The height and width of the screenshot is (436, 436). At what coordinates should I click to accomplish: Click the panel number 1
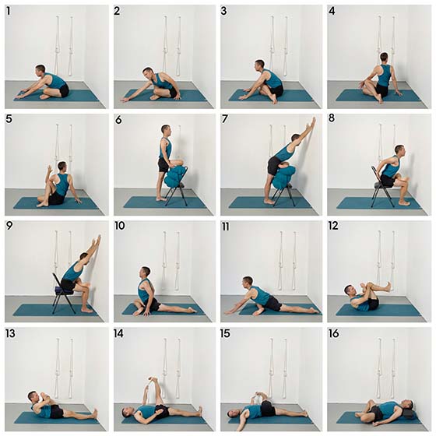[x=8, y=11]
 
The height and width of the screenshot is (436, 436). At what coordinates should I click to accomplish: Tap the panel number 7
[x=225, y=119]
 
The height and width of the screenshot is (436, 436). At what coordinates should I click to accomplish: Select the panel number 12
[x=333, y=226]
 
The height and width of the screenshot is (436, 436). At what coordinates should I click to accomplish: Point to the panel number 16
[x=334, y=333]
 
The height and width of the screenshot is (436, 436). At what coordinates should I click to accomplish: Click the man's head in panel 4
[x=384, y=58]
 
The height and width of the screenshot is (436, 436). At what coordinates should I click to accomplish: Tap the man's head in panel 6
[x=166, y=130]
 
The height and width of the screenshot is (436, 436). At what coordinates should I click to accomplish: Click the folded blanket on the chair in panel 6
[x=174, y=177]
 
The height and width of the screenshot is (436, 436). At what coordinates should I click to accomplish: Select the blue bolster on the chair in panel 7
[x=283, y=177]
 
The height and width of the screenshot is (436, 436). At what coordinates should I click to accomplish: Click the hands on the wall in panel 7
[x=313, y=122]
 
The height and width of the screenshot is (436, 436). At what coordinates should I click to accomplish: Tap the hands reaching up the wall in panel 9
[x=97, y=240]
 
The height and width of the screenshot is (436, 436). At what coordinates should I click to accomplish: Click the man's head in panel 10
[x=145, y=272]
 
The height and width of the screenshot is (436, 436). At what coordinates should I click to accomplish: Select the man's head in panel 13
[x=33, y=397]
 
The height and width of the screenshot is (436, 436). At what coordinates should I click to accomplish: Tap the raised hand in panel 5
[x=50, y=169]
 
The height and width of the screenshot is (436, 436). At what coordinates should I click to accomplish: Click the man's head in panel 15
[x=233, y=413]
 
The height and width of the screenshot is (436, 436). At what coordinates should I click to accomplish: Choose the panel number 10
[x=120, y=226]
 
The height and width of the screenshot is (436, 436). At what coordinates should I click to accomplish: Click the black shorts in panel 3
[x=277, y=90]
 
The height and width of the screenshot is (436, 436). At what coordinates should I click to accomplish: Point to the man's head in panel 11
[x=247, y=282]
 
